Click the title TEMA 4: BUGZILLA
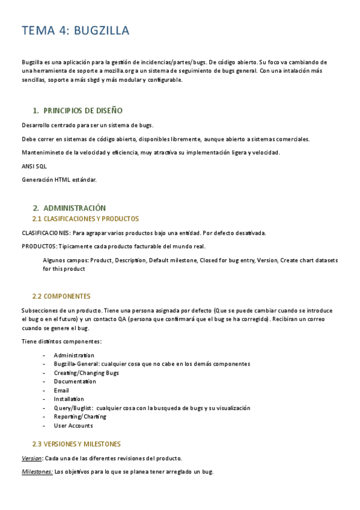(76, 31)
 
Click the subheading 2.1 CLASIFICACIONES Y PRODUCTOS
(85, 219)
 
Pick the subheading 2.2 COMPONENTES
(61, 296)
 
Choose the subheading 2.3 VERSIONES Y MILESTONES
(76, 444)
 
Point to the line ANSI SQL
(34, 166)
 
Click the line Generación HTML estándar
(59, 179)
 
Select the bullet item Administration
(74, 355)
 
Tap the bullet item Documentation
(75, 382)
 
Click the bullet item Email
(61, 391)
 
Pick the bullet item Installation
(69, 399)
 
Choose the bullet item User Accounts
(73, 426)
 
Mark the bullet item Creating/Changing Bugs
(86, 373)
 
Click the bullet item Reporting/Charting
(80, 417)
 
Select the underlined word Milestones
(37, 472)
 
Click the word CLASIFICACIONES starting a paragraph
(46, 233)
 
